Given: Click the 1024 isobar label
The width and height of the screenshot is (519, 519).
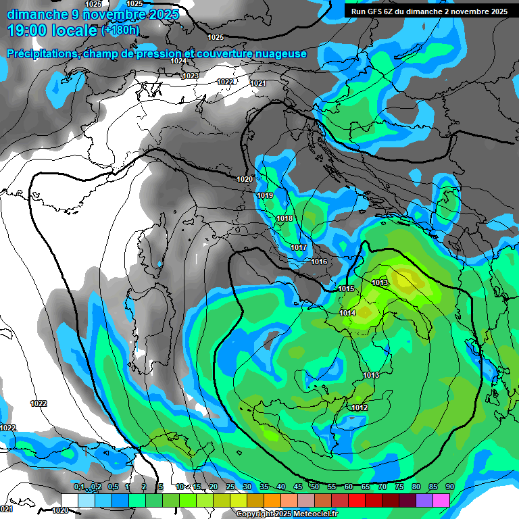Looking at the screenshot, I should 178,61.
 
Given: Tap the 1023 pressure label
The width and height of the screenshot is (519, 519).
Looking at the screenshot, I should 191,76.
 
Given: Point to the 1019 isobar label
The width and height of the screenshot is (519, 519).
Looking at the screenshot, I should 265,196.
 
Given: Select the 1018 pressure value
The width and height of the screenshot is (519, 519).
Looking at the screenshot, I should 285,219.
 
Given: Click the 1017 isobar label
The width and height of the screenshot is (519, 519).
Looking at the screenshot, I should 299,248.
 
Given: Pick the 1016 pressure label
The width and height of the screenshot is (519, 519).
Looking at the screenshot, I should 319,262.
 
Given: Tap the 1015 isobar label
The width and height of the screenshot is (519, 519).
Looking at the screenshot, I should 347,289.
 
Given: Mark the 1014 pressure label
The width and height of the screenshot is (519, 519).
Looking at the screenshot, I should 348,313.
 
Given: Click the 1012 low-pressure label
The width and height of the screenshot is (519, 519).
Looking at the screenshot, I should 360,407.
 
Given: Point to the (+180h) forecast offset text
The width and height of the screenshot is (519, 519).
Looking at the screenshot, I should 120,30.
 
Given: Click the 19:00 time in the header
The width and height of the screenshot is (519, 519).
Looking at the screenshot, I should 30,30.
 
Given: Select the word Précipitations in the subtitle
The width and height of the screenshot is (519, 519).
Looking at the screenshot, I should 42,53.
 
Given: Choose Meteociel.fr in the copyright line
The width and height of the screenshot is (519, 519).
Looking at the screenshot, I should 312,514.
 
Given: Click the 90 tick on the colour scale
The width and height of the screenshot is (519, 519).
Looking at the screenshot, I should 449,487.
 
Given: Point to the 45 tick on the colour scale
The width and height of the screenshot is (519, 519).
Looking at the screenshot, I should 298,487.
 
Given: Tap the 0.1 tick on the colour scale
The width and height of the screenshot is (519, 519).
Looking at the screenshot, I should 78,487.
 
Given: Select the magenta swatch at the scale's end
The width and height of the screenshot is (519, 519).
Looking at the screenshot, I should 441,499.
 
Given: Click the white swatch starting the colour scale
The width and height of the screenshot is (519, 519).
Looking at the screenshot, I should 69,499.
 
